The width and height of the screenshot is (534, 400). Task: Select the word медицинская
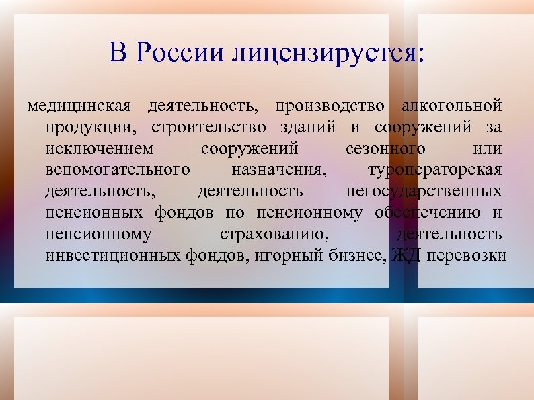point(80,106)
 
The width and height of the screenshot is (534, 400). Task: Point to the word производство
point(330,106)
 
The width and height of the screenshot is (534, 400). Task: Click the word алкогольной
point(451,106)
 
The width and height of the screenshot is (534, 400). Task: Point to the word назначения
point(279,170)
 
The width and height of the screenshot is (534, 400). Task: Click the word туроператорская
point(434,170)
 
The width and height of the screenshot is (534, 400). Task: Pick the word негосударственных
point(424,192)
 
